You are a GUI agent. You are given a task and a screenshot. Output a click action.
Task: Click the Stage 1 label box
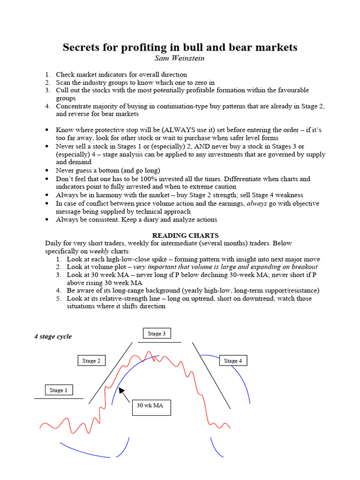pos(59,390)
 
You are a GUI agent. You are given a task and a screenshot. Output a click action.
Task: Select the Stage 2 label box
pos(91,360)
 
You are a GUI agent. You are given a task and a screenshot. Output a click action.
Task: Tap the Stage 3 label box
pos(157,333)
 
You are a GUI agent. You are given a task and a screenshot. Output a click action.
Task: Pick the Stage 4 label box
pos(233,360)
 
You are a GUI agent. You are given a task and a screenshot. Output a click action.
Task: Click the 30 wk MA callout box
pos(150,407)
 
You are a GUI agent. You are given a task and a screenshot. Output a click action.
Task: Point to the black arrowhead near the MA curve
pos(121,390)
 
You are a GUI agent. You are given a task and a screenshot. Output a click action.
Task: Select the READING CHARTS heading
pos(185,235)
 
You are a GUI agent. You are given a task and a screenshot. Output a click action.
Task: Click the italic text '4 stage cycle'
pos(53,337)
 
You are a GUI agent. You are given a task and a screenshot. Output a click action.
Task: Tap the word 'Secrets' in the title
pos(82,47)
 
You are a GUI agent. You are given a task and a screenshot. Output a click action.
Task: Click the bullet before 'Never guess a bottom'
pos(47,171)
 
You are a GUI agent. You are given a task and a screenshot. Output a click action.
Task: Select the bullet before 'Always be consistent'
pos(47,219)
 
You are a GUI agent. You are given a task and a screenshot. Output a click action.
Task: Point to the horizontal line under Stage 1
pos(59,399)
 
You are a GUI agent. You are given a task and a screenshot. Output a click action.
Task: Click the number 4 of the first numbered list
pos(47,106)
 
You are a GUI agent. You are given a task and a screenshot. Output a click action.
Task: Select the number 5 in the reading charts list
pos(58,298)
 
